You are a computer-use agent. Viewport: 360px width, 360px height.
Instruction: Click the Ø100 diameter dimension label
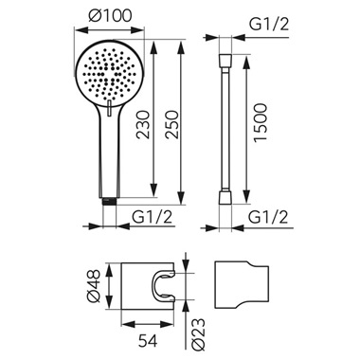pos(110,16)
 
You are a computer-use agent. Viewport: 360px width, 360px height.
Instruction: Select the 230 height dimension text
pos(143,124)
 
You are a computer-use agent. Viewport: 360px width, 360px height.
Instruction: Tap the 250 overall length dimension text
pos(173,124)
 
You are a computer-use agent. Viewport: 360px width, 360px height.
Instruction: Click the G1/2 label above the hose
pos(269,24)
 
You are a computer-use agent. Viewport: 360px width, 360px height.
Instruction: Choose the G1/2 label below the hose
pos(268,217)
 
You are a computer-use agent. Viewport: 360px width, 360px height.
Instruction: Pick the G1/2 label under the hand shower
pos(153,217)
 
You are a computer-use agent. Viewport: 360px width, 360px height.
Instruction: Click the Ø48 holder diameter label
pos(94,286)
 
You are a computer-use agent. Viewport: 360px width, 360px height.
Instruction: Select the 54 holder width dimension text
pos(148,340)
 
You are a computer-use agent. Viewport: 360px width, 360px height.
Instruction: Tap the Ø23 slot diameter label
pos(198,334)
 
